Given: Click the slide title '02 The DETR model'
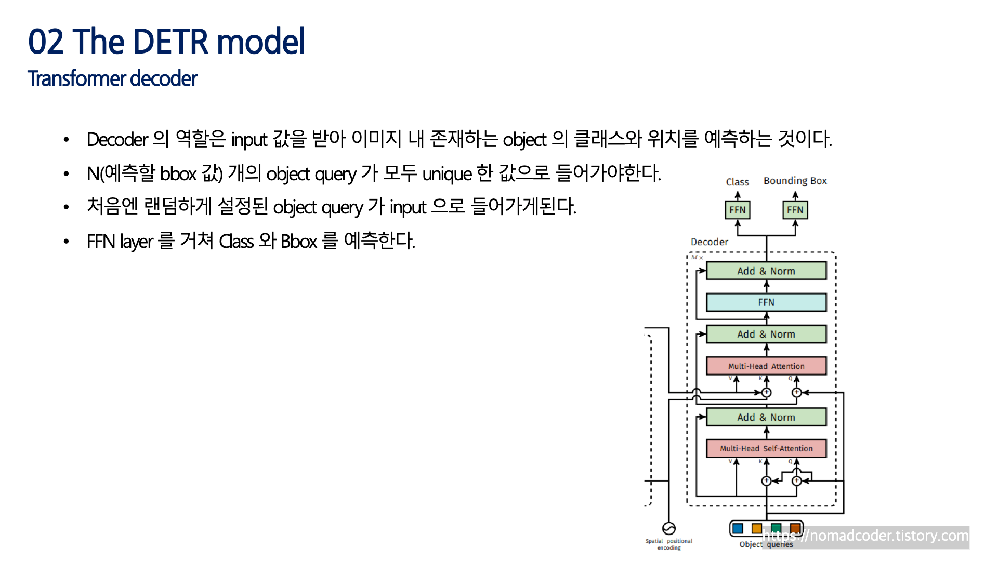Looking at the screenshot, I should click(166, 42).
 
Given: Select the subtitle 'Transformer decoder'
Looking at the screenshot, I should click(112, 79).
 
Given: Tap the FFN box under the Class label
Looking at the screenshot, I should click(737, 210).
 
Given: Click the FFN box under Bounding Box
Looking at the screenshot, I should click(795, 210).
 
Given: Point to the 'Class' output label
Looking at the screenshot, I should click(737, 182).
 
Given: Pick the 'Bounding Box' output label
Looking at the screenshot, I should click(795, 181).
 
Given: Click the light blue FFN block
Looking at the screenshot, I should click(766, 302).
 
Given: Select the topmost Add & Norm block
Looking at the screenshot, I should click(766, 271).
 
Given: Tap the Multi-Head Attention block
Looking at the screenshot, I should click(766, 366).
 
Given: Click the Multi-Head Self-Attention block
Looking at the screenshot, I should click(766, 449).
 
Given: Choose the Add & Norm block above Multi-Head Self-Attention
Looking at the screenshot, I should click(766, 418).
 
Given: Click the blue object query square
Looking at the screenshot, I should click(738, 529).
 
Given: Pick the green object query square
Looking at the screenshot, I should click(776, 528).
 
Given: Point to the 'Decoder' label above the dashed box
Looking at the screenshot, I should click(709, 242).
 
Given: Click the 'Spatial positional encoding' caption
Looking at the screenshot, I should click(668, 544).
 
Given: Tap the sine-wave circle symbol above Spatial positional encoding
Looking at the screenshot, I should click(669, 528).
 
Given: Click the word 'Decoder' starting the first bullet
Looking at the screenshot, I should click(117, 140).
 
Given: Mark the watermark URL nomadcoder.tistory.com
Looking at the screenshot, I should click(865, 536).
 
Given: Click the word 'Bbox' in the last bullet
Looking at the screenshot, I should click(298, 242).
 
